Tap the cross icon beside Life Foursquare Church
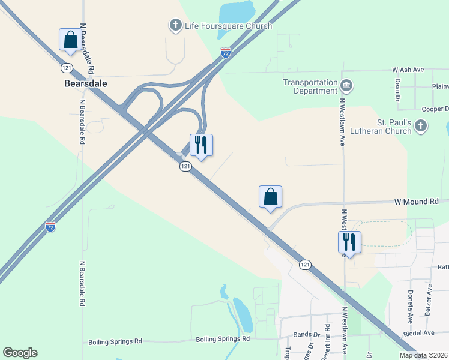click(175, 25)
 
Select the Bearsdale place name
click(85, 83)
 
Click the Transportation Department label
click(310, 86)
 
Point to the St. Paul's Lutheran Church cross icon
click(421, 126)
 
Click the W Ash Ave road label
click(411, 70)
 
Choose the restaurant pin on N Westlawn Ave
click(349, 242)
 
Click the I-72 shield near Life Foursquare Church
click(225, 53)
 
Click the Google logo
click(20, 353)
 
